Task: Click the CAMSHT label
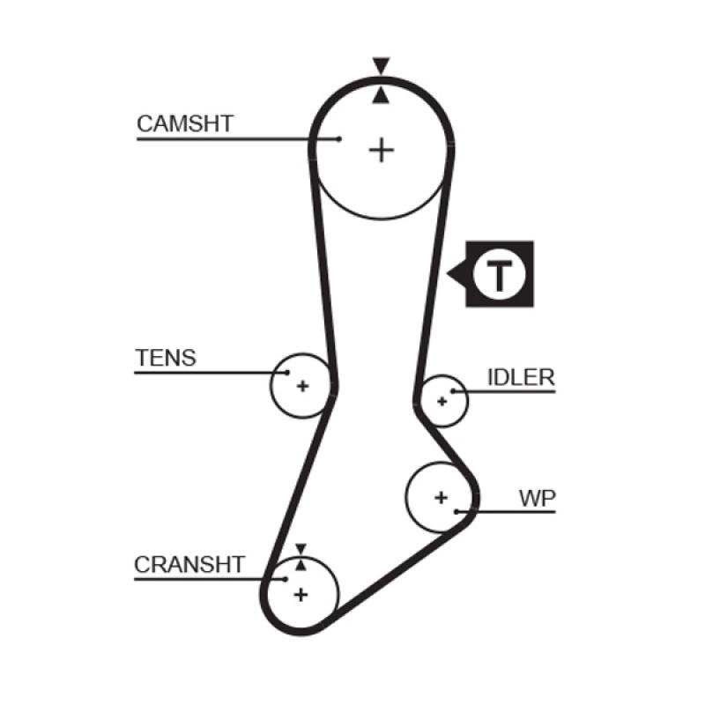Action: [x=185, y=123]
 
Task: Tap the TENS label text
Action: [x=166, y=358]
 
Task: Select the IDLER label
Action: [x=521, y=378]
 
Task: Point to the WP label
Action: [x=537, y=498]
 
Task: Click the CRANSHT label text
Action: [x=189, y=565]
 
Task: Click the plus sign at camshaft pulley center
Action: [x=382, y=150]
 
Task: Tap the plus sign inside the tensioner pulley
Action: [x=302, y=386]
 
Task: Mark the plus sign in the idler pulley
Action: [x=442, y=401]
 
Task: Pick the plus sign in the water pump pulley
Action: [x=441, y=498]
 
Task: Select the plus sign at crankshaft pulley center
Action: [x=301, y=594]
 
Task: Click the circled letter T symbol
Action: [x=500, y=275]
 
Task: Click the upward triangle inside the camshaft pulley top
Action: [x=381, y=94]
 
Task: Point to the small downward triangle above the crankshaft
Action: [x=301, y=548]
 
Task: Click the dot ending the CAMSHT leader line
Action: [x=339, y=138]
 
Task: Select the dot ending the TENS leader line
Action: [x=286, y=373]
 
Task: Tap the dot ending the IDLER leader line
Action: [x=453, y=390]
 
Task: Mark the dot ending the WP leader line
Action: [x=456, y=510]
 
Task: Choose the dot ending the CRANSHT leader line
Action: [x=286, y=579]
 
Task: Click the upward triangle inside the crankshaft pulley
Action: [x=301, y=563]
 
